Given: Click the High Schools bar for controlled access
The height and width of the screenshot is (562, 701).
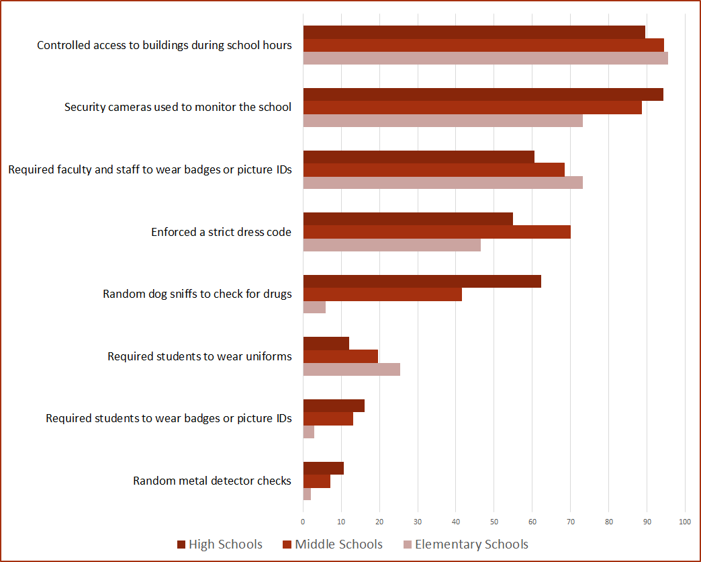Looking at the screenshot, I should point(474,32).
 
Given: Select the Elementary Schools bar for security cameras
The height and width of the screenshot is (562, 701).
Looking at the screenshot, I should point(442,121).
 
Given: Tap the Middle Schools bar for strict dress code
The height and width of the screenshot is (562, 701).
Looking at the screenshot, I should point(436,232).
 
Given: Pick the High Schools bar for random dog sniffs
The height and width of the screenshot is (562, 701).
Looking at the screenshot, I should point(422,282).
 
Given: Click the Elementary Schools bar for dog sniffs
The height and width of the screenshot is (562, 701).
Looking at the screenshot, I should point(314,307).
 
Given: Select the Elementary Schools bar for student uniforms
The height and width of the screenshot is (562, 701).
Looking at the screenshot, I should point(351,369).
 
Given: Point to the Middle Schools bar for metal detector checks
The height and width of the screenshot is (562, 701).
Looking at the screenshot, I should point(316,481).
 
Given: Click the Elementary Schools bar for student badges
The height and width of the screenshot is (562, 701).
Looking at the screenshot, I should point(309,432).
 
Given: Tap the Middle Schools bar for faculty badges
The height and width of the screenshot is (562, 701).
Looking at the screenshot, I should point(434,169).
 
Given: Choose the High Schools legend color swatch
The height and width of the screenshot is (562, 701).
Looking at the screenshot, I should point(181,545).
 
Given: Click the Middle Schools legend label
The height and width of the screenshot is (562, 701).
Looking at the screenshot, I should point(338,545).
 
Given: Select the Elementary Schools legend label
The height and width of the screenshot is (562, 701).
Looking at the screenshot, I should point(471,545).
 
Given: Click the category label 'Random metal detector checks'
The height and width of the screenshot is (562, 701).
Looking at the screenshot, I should point(212,481).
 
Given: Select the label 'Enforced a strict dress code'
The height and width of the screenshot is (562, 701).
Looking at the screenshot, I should point(221,232).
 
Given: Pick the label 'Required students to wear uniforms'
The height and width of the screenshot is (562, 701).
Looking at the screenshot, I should point(199,356).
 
